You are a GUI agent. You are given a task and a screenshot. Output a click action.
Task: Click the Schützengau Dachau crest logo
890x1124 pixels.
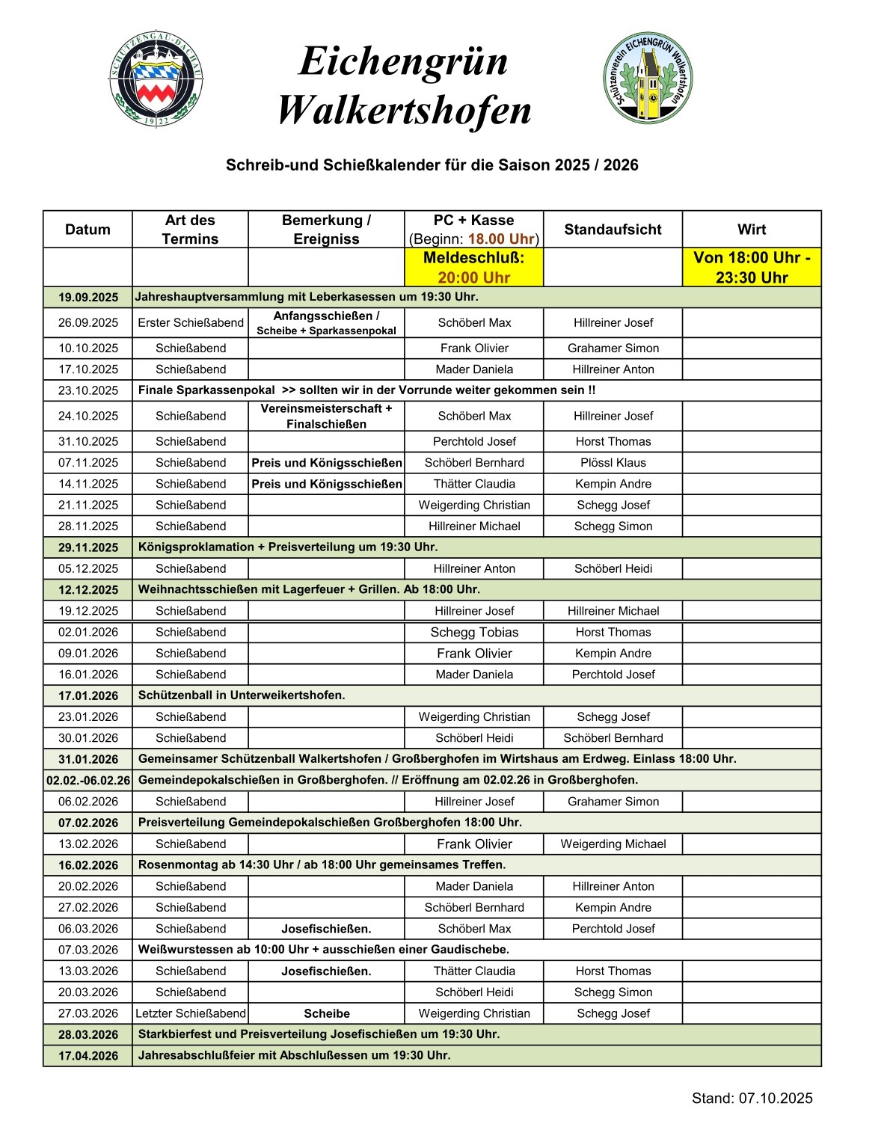click(156, 79)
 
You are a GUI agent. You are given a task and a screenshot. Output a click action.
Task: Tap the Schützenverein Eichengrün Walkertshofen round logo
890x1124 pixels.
click(648, 77)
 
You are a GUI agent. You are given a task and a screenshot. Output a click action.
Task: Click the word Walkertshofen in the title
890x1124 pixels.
click(404, 111)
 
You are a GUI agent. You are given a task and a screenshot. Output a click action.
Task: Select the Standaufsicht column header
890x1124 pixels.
click(613, 230)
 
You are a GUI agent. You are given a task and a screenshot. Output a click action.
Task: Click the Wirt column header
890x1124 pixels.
click(752, 230)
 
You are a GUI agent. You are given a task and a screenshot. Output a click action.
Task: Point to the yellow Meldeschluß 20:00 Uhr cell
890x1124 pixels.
click(473, 268)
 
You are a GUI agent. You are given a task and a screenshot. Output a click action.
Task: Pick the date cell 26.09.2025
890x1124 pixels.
click(88, 323)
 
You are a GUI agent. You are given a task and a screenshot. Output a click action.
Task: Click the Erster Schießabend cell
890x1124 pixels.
click(191, 323)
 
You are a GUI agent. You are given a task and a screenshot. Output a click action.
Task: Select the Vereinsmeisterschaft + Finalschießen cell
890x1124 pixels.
click(326, 416)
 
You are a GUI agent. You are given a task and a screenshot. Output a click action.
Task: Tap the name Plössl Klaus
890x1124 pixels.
click(613, 463)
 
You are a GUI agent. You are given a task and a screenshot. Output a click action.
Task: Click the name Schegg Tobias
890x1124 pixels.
click(474, 633)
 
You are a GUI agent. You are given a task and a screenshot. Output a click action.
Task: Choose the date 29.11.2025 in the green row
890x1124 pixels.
click(88, 547)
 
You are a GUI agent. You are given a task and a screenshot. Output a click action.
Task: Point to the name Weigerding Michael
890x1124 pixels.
click(613, 844)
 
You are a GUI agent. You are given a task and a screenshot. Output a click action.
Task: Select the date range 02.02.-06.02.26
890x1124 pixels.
click(88, 781)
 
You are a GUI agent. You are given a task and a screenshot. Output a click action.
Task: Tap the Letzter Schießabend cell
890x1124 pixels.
click(191, 1014)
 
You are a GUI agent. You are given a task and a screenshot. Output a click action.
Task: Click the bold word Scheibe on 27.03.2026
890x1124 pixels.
click(327, 1014)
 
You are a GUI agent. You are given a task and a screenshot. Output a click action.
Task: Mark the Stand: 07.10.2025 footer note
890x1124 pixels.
click(752, 1099)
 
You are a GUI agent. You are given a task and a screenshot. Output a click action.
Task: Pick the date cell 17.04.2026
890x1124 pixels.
click(88, 1056)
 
